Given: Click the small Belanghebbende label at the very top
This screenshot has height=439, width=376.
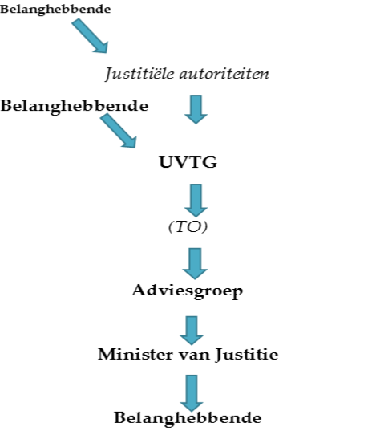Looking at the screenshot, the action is click(x=55, y=10).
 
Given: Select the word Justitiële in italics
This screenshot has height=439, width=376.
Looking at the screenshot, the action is click(x=139, y=74).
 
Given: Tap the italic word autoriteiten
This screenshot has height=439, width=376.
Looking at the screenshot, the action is click(x=224, y=74).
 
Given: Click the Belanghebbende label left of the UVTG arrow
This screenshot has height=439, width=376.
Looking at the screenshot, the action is click(x=74, y=107).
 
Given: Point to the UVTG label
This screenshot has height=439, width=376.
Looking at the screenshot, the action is click(x=188, y=162).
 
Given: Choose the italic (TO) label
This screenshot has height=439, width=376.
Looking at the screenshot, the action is click(x=188, y=226).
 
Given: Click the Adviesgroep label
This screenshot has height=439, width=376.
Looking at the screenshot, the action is click(x=187, y=291).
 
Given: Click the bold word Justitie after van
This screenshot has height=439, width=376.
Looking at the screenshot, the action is click(x=247, y=355).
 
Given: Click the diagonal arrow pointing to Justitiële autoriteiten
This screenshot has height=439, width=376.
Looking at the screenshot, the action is click(x=90, y=36).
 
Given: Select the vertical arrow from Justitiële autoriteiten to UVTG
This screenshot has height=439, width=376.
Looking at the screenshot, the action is click(x=196, y=109).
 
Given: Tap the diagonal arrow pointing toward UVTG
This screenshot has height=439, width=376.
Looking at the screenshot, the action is click(x=119, y=131).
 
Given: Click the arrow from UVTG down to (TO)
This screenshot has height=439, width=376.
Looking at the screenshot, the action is click(x=196, y=200).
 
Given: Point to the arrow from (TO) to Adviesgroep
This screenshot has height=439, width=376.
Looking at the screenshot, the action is click(x=195, y=263).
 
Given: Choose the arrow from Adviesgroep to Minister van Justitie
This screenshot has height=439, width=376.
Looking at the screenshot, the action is click(x=192, y=331).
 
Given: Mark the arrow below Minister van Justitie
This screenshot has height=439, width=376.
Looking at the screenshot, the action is click(x=192, y=392).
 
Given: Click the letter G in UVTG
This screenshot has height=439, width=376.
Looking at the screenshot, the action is click(x=209, y=162).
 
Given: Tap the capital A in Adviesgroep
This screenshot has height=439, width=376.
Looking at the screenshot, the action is click(x=139, y=290).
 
